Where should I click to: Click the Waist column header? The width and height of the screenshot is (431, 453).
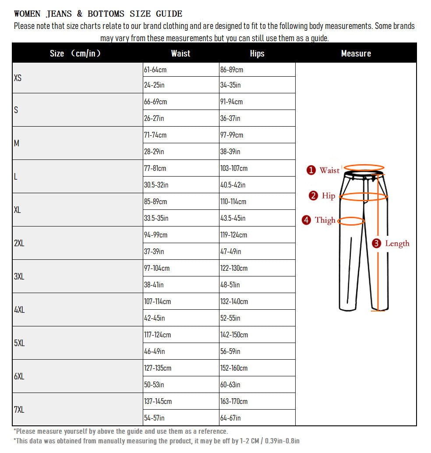click(x=180, y=53)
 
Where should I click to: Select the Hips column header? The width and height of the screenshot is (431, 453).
click(x=257, y=53)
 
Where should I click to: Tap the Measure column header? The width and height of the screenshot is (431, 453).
click(x=356, y=53)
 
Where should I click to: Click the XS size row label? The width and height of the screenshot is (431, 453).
click(x=18, y=78)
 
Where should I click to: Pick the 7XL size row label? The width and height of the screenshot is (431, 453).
click(x=19, y=410)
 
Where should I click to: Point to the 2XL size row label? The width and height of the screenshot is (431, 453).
click(x=19, y=243)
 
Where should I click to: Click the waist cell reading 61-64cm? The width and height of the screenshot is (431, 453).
click(x=155, y=70)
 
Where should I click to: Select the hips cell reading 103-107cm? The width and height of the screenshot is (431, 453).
click(x=234, y=168)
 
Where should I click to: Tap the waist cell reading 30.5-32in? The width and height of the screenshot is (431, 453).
click(x=156, y=185)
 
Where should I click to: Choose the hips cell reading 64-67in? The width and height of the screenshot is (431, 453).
click(x=230, y=418)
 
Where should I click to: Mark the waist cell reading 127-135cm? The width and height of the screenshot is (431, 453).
click(x=158, y=368)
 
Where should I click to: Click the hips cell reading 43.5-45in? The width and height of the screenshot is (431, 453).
click(x=233, y=218)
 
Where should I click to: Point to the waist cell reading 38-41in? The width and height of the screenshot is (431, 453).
click(x=154, y=285)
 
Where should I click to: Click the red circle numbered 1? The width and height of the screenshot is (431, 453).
click(x=311, y=170)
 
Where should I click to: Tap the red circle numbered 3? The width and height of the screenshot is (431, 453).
click(x=376, y=244)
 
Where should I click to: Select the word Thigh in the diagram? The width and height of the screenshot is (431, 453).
click(x=325, y=220)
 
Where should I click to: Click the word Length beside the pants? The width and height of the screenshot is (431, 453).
click(x=397, y=244)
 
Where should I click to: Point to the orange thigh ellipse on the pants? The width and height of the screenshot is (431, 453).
click(x=351, y=221)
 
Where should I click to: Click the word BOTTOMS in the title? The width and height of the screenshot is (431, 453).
click(x=106, y=14)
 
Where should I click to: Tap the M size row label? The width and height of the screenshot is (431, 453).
click(x=17, y=143)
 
